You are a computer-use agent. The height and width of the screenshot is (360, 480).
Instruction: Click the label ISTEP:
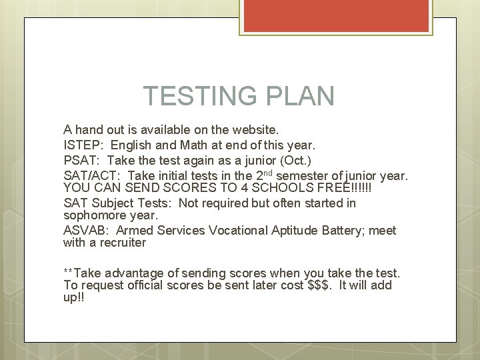84,145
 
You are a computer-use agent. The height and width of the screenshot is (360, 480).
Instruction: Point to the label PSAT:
82,161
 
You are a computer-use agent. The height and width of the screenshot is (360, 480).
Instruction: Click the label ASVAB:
87,231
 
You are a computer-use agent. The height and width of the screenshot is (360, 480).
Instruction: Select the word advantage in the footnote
137,273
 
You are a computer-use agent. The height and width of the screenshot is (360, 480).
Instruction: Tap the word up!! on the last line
73,298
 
